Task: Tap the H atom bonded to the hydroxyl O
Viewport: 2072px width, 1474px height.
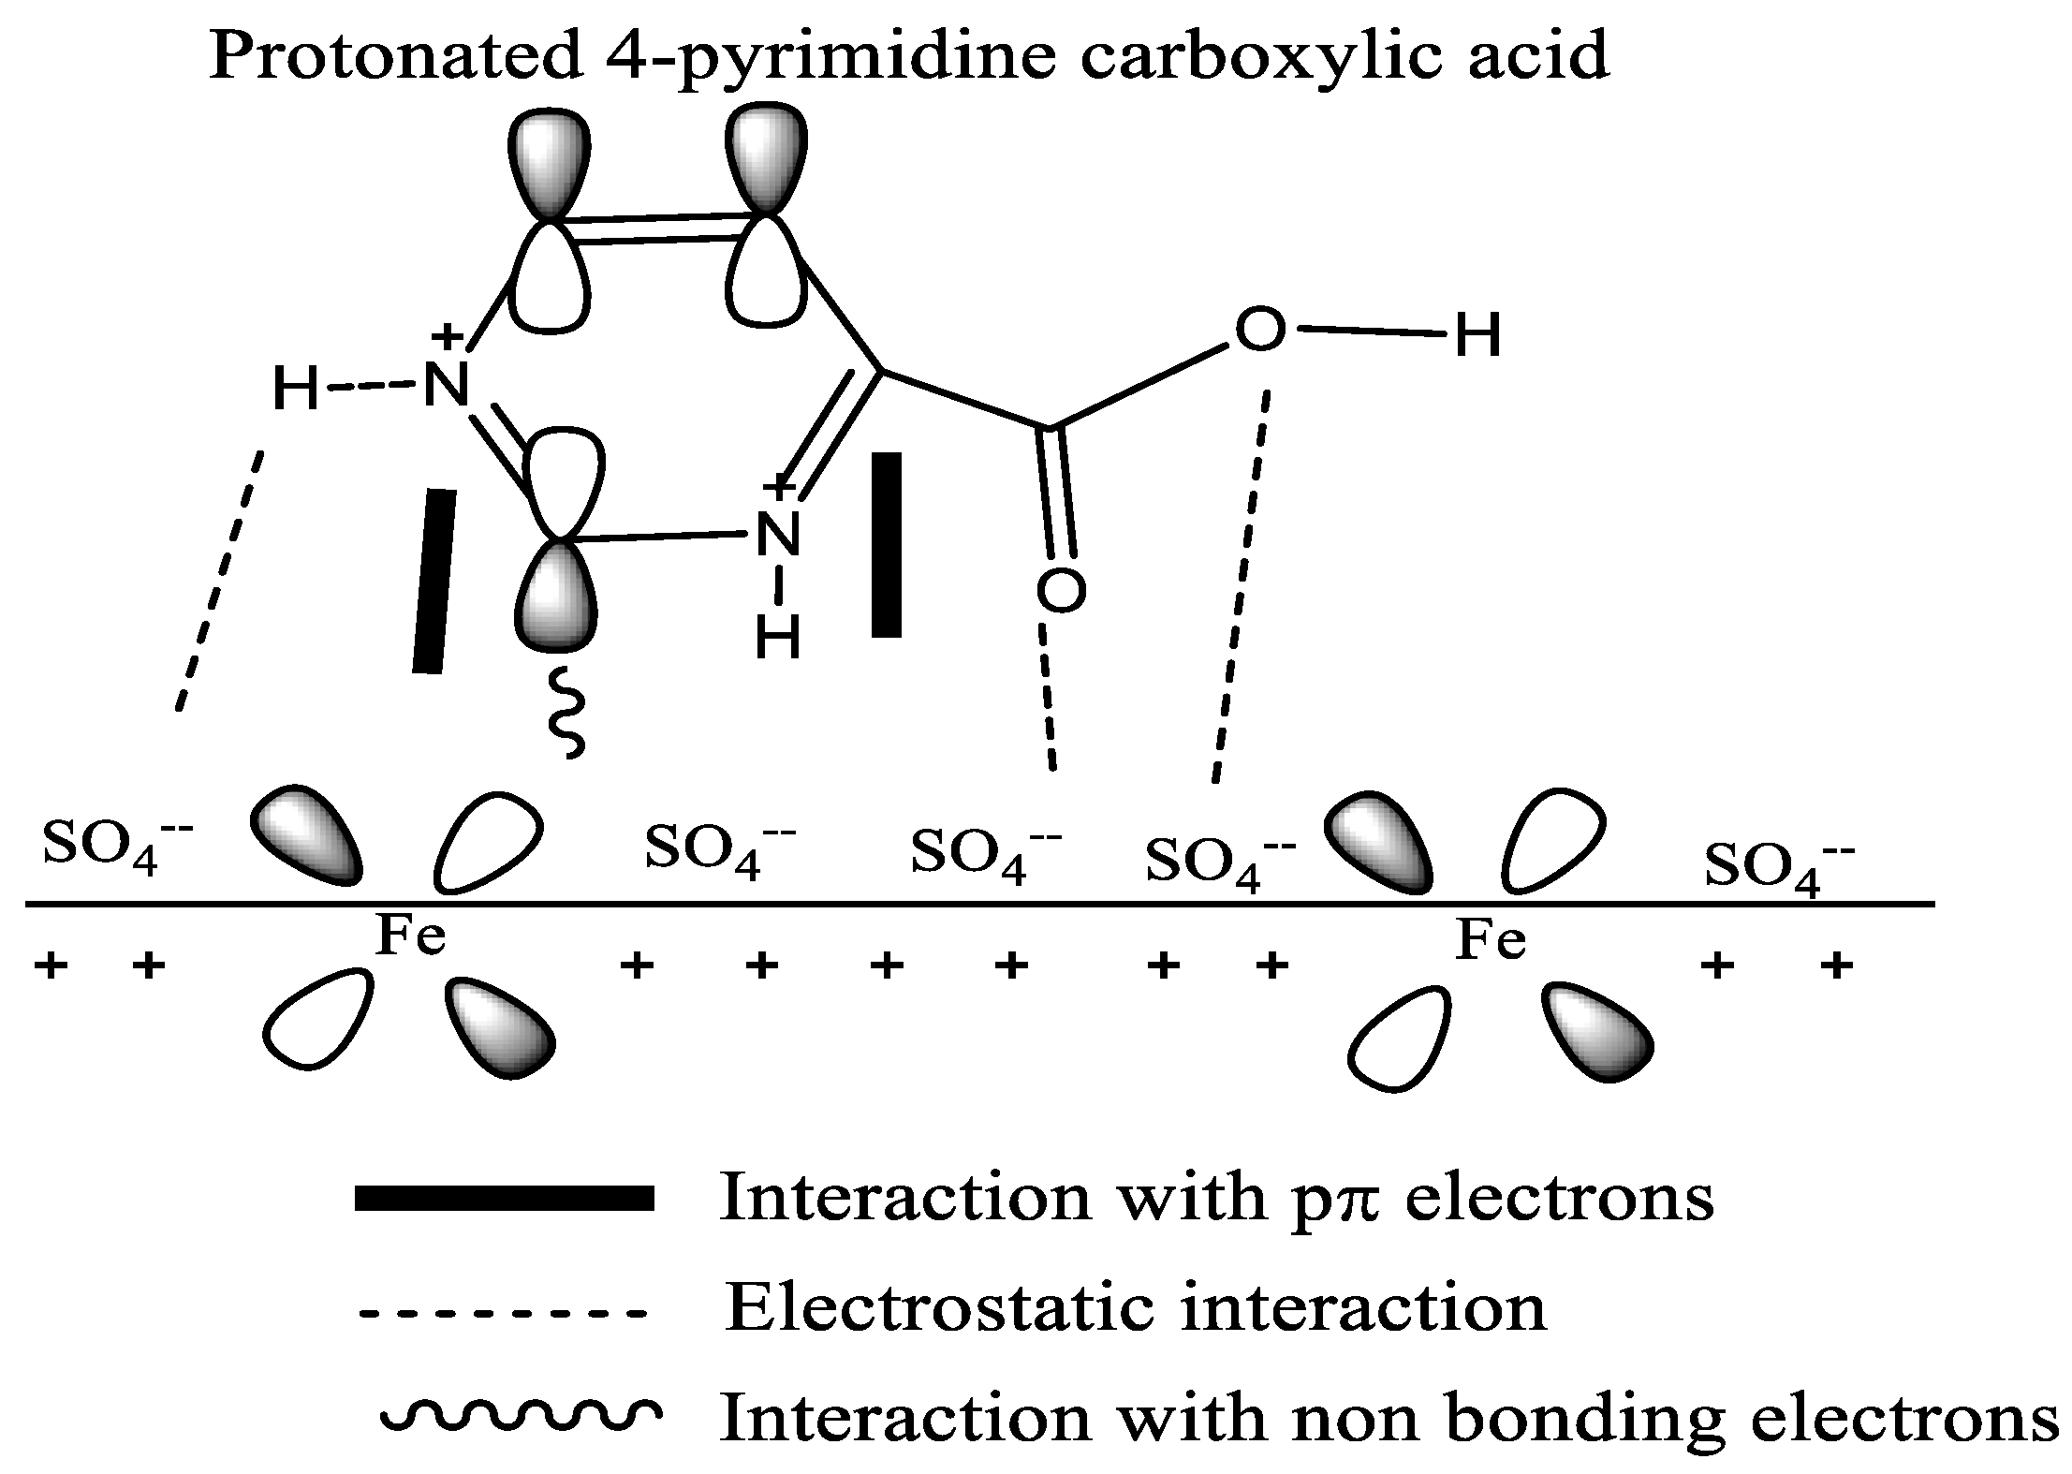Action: tap(1478, 337)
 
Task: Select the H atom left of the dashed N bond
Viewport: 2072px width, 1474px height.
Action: tap(295, 389)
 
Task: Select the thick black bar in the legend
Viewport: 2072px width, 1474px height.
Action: tap(504, 1199)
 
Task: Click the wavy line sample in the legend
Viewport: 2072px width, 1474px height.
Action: tap(520, 1417)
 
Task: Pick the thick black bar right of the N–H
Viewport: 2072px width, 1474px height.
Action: tap(886, 545)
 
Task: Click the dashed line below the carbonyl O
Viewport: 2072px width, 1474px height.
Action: tap(1048, 698)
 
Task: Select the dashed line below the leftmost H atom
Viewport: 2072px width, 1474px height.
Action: tap(221, 581)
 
